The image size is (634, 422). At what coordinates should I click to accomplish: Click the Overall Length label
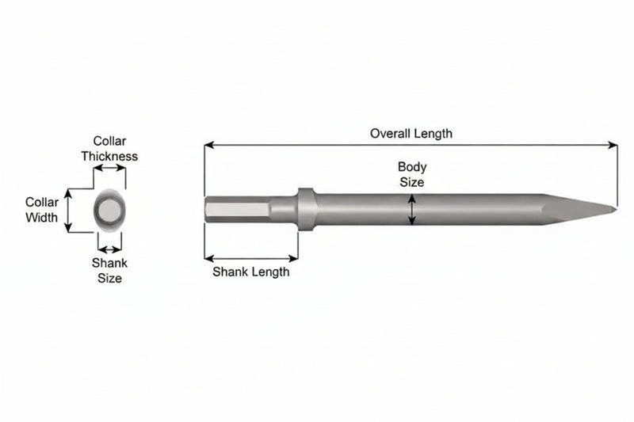click(x=411, y=134)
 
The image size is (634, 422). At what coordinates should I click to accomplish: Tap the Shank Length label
click(x=251, y=272)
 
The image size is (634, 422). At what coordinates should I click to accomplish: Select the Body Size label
click(x=412, y=174)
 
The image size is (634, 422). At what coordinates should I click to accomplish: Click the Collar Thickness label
click(x=109, y=149)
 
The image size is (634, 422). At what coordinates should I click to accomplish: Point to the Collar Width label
click(x=42, y=210)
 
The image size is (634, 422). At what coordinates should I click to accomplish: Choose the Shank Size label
click(x=109, y=271)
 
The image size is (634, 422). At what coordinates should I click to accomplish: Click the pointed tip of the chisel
click(x=616, y=209)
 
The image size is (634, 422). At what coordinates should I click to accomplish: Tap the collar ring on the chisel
click(x=307, y=209)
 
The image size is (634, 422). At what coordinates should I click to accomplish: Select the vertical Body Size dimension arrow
click(x=411, y=210)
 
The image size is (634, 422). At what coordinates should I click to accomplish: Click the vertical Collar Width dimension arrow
click(x=68, y=211)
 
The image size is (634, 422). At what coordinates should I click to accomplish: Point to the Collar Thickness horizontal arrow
click(x=109, y=168)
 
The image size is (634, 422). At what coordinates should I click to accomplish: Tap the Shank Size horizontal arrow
click(x=109, y=249)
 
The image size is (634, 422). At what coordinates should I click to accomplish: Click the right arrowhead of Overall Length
click(x=613, y=145)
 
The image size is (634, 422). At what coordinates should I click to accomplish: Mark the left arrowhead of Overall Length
click(x=209, y=145)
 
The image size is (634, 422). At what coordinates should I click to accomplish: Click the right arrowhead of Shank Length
click(x=293, y=258)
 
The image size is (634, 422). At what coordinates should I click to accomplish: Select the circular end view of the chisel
click(x=109, y=210)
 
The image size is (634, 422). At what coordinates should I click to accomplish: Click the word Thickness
click(x=109, y=156)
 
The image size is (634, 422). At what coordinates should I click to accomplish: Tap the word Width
click(x=42, y=217)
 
